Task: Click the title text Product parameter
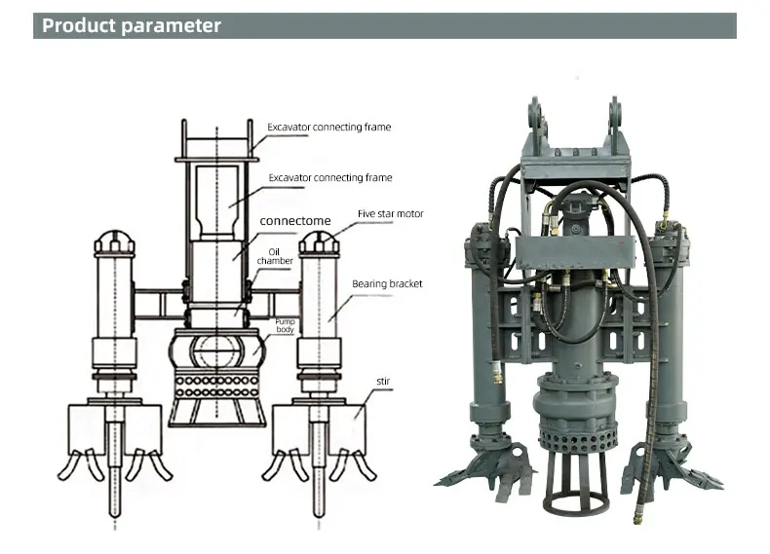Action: [x=132, y=25]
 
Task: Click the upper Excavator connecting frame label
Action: [x=329, y=127]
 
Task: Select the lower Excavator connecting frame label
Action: [x=329, y=178]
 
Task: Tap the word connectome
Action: [x=295, y=221]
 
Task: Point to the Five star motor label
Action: [x=390, y=213]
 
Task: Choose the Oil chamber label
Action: [x=275, y=256]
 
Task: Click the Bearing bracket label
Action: [x=387, y=284]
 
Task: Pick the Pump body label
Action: [x=284, y=325]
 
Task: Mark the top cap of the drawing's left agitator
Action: [x=115, y=240]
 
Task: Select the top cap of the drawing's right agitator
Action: [x=318, y=240]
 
